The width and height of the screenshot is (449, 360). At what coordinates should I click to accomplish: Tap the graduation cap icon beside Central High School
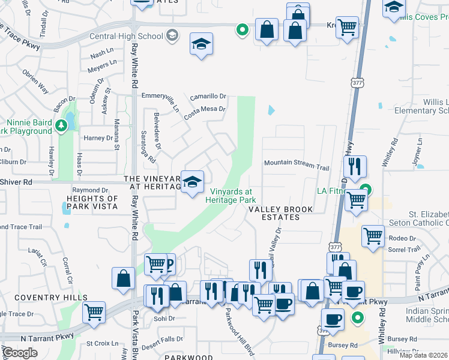tap(173, 35)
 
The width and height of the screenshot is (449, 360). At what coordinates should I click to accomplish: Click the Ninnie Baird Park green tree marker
tap(61, 125)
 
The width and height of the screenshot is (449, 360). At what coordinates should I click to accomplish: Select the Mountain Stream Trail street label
tap(297, 163)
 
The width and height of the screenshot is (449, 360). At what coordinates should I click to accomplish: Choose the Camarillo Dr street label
tap(208, 96)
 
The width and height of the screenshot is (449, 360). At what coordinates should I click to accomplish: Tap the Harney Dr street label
tap(98, 138)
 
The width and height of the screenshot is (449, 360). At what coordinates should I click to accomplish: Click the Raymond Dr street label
tap(90, 190)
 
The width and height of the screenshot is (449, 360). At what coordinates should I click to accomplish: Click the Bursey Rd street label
tap(343, 345)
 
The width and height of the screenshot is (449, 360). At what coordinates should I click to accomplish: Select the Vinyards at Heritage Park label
tap(231, 196)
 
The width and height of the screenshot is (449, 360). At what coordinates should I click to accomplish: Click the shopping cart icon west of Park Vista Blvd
tap(94, 311)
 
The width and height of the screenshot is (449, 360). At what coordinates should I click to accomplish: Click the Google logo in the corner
tap(19, 353)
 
